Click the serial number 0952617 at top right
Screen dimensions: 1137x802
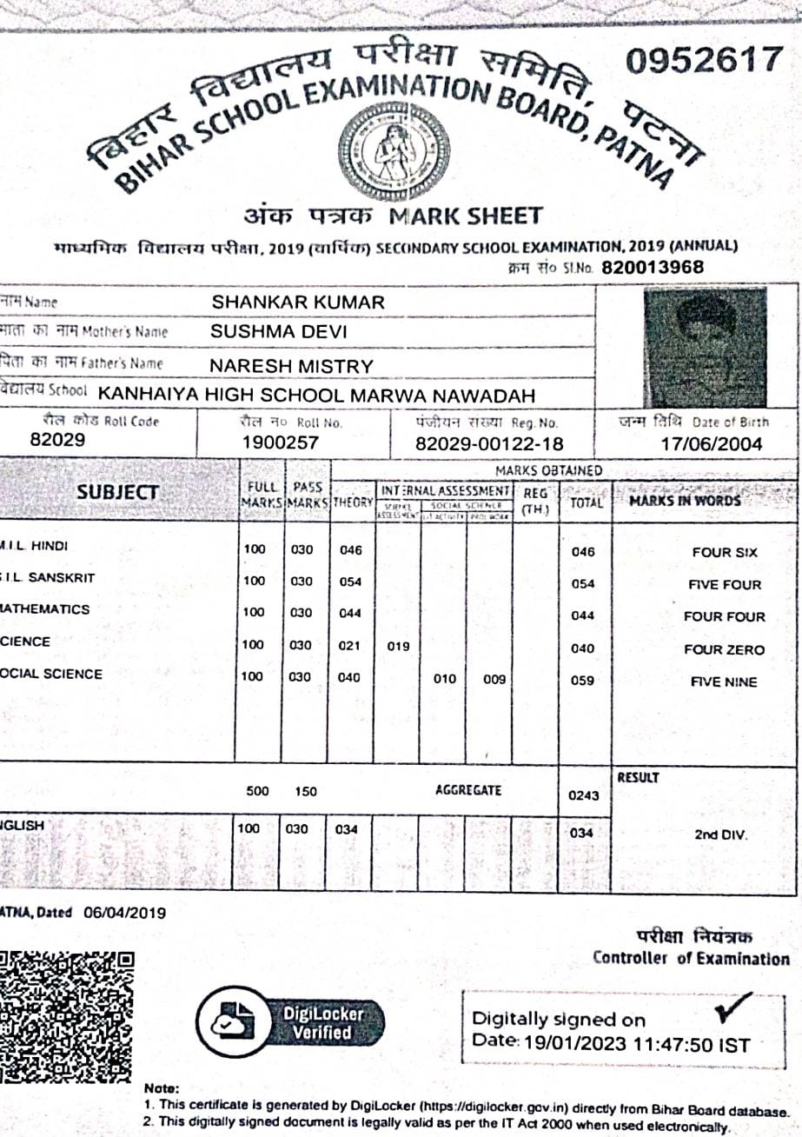coord(704,61)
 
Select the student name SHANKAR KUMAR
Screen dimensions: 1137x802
coord(298,303)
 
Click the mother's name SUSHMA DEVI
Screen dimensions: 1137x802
coord(279,332)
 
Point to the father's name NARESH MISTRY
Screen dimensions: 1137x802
coord(292,366)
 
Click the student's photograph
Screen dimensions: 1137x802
coord(705,347)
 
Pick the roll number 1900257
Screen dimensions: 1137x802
coord(281,443)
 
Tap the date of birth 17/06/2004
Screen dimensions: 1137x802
coord(711,444)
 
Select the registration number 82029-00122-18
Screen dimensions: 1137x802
coord(489,444)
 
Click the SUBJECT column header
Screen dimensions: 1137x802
coord(117,492)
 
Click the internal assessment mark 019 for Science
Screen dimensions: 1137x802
coord(398,646)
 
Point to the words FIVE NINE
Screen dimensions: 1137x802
coord(724,682)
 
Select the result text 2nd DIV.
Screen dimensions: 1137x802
coord(720,834)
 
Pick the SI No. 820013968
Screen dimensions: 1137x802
coord(652,267)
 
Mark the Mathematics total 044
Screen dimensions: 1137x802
coord(582,615)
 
